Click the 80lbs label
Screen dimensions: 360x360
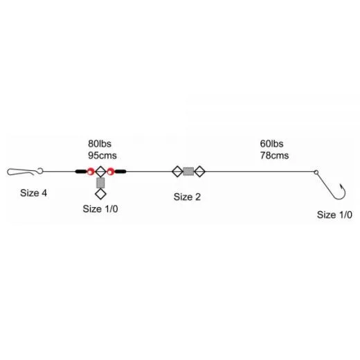(x=100, y=143)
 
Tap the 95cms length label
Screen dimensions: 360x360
(x=102, y=155)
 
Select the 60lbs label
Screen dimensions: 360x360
(x=271, y=143)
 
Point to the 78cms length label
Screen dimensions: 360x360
(x=274, y=155)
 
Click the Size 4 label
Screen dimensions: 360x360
(x=33, y=193)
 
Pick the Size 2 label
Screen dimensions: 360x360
(x=187, y=197)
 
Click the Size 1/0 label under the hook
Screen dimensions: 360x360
(x=334, y=215)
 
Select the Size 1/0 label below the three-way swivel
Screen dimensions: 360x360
(x=100, y=209)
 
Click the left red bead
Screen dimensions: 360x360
(x=91, y=172)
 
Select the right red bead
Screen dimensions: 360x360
(x=111, y=172)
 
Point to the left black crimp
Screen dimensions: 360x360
(x=81, y=172)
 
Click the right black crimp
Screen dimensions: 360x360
(x=120, y=172)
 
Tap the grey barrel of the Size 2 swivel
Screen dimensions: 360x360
(x=188, y=172)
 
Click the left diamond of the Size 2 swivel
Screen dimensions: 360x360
(x=177, y=172)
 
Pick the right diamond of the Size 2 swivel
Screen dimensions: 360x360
(x=199, y=172)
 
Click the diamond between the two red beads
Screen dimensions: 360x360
(x=100, y=172)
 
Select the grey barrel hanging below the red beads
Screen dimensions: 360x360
(x=100, y=183)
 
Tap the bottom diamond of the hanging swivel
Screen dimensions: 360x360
(x=100, y=194)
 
